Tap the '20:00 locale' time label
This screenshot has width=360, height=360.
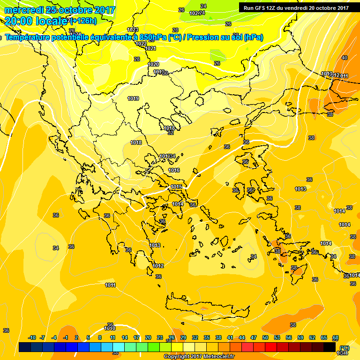(36, 21)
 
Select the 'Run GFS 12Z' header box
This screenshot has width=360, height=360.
(296, 7)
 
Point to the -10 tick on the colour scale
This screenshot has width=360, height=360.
(32, 337)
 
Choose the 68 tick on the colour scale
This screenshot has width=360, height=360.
(335, 337)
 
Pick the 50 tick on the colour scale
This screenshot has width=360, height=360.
(265, 337)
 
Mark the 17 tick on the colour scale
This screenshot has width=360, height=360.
(136, 337)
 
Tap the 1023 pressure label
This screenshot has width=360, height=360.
(133, 30)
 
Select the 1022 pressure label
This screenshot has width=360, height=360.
(141, 44)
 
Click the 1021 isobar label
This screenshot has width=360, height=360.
(150, 48)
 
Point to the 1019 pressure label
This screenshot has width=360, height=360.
(133, 98)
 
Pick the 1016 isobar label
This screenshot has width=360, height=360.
(174, 170)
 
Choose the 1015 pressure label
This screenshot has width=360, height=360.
(176, 187)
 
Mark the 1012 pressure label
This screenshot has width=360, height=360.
(158, 266)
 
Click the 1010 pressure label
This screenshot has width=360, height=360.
(110, 329)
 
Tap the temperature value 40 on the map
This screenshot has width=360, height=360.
(345, 58)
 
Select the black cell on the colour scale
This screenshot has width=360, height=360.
(330, 347)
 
